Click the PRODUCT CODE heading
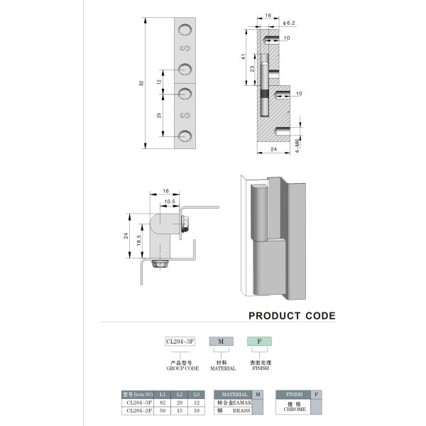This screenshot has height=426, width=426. click(x=292, y=316)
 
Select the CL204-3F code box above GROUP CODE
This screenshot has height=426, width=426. click(x=180, y=342)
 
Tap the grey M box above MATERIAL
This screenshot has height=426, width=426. click(x=222, y=342)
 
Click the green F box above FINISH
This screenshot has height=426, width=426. click(x=259, y=342)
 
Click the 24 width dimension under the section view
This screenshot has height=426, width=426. click(x=273, y=149)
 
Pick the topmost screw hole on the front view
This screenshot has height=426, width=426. click(x=185, y=30)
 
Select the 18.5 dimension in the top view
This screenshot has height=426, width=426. click(x=139, y=239)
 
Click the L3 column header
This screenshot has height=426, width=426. click(x=197, y=394)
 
